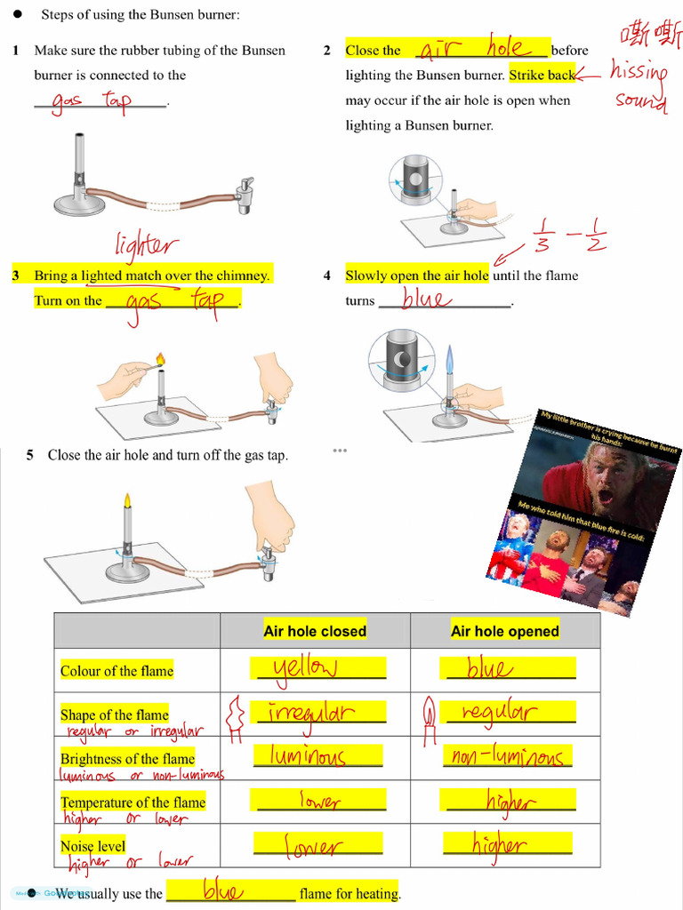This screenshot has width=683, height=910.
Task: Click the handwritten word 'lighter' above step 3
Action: coord(147,246)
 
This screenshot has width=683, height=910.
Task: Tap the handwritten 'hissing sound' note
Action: coord(640,85)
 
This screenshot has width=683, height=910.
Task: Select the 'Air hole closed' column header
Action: coord(315,631)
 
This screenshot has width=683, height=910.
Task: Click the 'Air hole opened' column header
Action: coord(504,631)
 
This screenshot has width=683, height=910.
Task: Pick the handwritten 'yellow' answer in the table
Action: coord(306,668)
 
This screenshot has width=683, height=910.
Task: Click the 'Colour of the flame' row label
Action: coord(117,671)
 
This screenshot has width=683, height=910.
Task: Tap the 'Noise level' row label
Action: coord(92,846)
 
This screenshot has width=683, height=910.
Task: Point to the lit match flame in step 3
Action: coord(160,359)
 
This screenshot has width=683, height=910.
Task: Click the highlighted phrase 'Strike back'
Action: coord(542,76)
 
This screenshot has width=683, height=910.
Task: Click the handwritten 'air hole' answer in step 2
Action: coord(483,49)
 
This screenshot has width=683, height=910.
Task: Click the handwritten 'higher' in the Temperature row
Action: coord(509,802)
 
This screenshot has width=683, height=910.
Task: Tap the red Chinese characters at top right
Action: coord(650,36)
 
